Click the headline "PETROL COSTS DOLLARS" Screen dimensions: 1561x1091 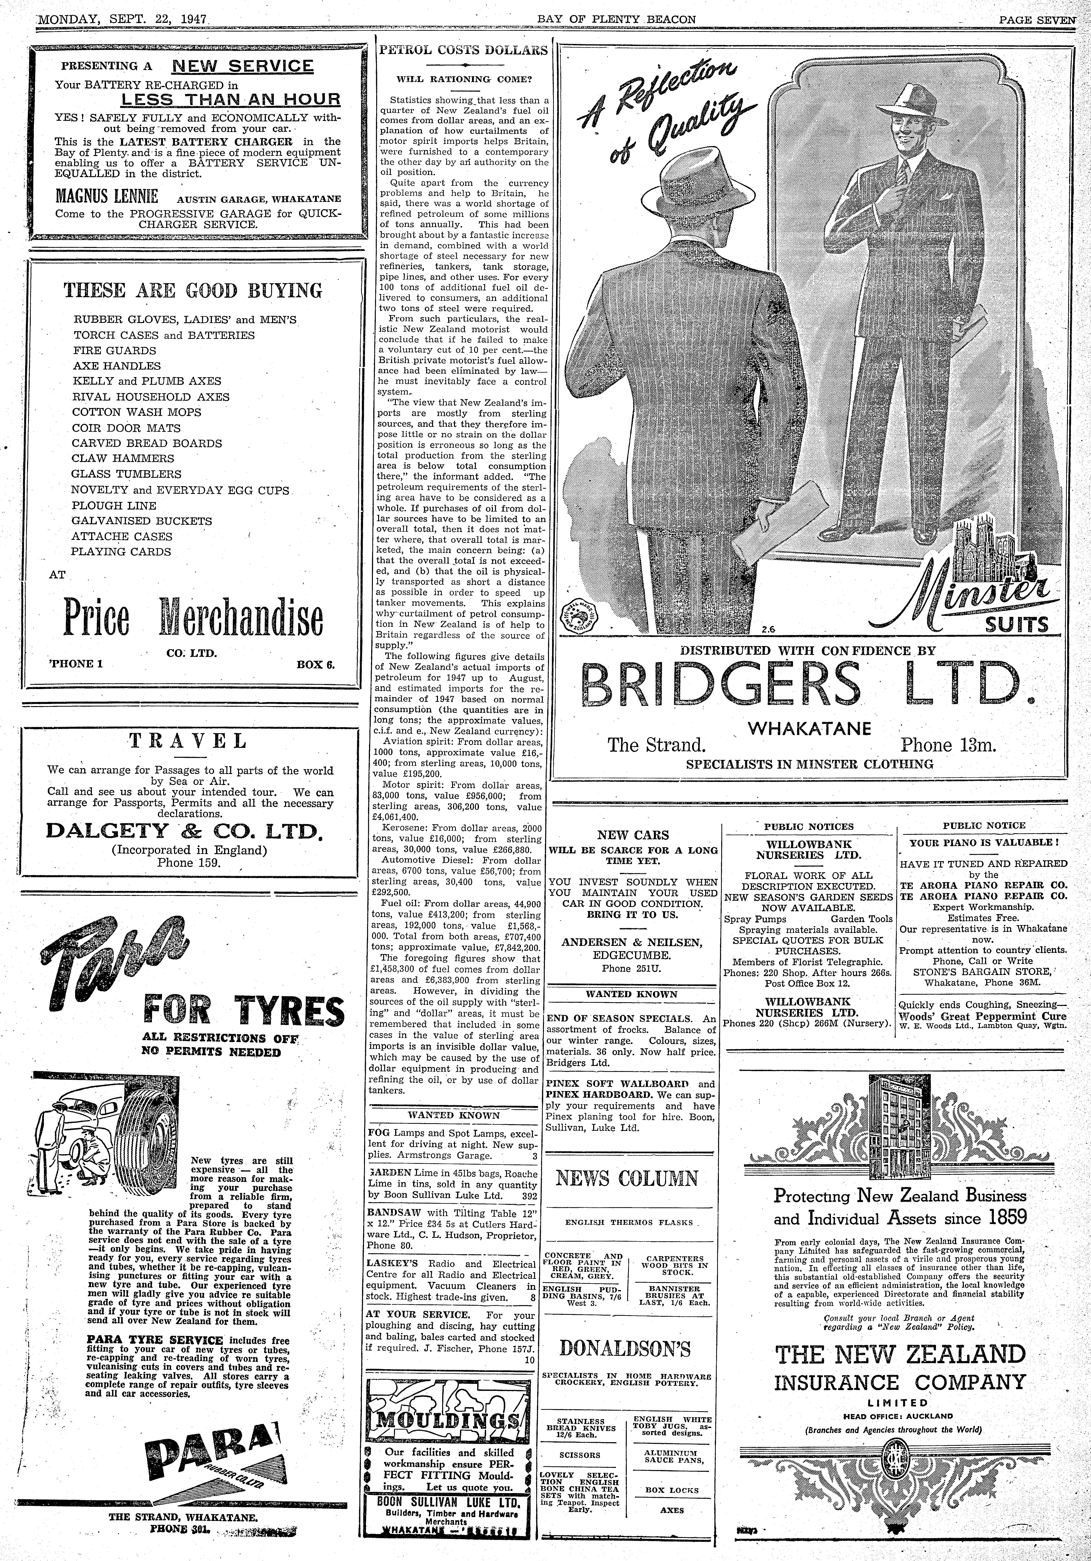(463, 50)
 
